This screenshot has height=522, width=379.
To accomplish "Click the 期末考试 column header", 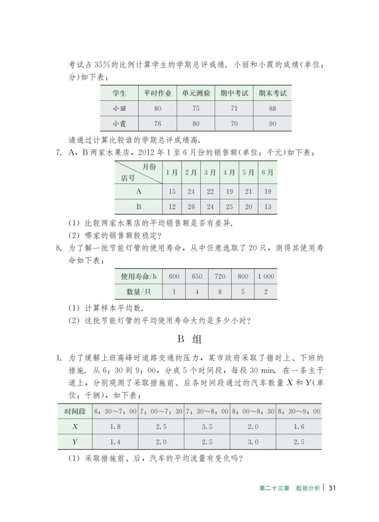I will point(272,93).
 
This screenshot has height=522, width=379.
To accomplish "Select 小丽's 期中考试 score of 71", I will point(234,109).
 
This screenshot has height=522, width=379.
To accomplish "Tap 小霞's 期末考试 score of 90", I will point(272,124).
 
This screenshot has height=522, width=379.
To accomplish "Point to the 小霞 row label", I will point(119,124).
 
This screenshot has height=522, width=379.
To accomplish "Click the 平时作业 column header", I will point(158,93).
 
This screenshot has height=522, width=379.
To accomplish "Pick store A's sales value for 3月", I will point(210,192).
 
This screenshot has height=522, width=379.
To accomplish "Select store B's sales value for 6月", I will point(268,207).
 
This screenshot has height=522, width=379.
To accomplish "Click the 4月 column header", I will point(229,172).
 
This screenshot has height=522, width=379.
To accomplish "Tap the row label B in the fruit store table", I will point(139,207).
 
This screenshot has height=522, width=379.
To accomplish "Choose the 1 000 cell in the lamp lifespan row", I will point(266,276).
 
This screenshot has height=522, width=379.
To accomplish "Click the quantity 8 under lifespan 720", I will point(220,292).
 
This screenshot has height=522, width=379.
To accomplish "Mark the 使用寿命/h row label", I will point(139,276).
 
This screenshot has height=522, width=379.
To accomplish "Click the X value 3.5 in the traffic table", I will point(207,427).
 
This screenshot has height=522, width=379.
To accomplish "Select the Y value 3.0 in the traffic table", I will point(253,442).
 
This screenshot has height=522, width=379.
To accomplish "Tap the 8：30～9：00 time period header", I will point(299,411).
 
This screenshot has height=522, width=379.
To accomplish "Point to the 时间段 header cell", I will point(75,411).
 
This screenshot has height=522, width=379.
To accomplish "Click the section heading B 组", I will point(189,339).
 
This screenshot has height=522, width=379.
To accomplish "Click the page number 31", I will point(332,488).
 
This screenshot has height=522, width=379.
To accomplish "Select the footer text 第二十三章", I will point(274,488).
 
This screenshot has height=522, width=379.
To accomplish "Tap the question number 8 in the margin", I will point(59,248).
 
